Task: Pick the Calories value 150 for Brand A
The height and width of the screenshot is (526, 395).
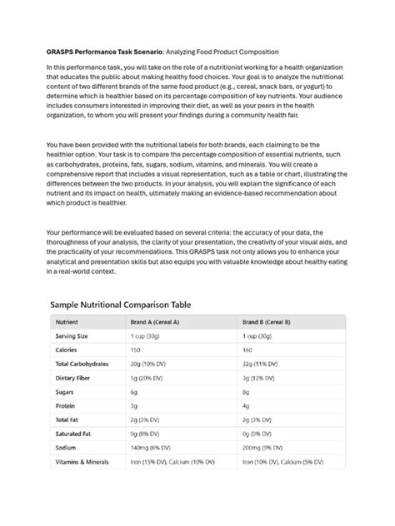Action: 137,350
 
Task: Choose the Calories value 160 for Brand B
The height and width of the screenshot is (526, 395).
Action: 247,350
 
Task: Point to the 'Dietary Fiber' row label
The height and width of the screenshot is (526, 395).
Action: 74,378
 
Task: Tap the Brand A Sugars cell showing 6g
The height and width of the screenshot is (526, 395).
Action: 135,391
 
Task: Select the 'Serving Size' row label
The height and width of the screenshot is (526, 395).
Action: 72,335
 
